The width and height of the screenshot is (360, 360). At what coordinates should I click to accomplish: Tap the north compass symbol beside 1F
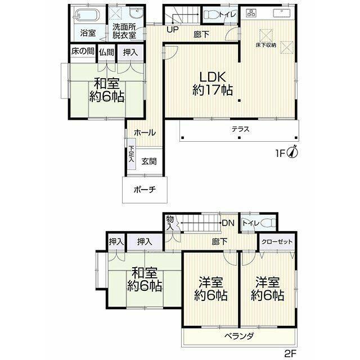click(x=293, y=151)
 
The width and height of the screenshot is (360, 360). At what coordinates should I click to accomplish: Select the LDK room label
click(x=213, y=77)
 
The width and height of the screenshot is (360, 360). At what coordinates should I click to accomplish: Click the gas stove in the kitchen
click(x=251, y=13)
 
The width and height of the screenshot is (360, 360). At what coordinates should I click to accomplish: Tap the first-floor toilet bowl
click(x=210, y=15)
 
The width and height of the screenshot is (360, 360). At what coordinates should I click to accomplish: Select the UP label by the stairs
click(x=173, y=29)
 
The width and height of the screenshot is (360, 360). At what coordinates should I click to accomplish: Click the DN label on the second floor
click(x=228, y=223)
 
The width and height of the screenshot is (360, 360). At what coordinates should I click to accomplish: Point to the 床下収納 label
click(x=266, y=45)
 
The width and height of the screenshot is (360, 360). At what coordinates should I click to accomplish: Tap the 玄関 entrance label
click(x=148, y=161)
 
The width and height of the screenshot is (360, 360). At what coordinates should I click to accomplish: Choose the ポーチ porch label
click(x=145, y=190)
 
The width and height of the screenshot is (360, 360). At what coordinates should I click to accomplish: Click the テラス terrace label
click(x=240, y=129)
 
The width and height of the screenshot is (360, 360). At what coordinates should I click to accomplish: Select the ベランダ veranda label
click(x=239, y=336)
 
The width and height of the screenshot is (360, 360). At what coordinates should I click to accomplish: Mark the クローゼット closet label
click(x=277, y=241)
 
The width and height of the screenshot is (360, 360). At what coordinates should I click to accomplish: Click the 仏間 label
click(x=106, y=52)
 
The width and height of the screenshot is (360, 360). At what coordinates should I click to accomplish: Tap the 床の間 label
click(x=83, y=51)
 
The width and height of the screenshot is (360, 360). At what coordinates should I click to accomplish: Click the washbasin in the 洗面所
click(x=136, y=13)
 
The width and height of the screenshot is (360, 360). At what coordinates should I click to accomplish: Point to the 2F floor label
click(x=291, y=353)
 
